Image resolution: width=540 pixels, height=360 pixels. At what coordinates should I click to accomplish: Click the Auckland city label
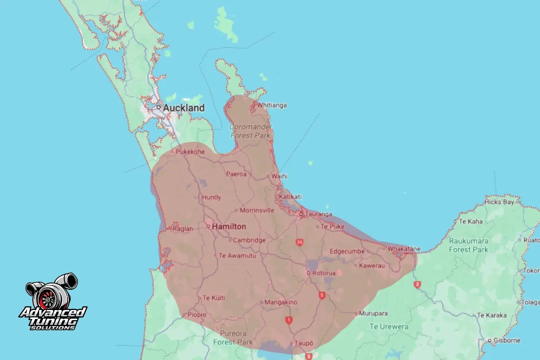[183, 108]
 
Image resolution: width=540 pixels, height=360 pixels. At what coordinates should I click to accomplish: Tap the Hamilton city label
[229, 226]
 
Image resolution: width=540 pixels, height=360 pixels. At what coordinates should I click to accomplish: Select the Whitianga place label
[272, 105]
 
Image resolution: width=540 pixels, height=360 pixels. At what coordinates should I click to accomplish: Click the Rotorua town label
[324, 273]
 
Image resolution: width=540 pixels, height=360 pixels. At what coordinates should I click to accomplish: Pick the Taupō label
[304, 343]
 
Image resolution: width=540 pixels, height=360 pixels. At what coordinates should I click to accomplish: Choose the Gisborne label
[507, 340]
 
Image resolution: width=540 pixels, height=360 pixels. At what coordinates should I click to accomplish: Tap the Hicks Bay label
[499, 202]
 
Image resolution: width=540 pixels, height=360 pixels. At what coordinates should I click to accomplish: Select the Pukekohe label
[190, 152]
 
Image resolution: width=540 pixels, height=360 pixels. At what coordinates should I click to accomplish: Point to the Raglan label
[183, 229]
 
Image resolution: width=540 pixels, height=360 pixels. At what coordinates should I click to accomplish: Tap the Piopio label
[196, 315]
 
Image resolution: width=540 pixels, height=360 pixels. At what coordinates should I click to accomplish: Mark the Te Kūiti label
[214, 298]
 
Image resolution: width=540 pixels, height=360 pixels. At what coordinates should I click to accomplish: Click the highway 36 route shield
[299, 243]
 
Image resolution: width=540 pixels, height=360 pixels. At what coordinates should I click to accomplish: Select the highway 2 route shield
[417, 284]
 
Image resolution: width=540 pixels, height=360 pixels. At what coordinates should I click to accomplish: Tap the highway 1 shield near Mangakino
[288, 320]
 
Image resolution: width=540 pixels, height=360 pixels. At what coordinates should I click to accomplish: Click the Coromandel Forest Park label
[250, 131]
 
